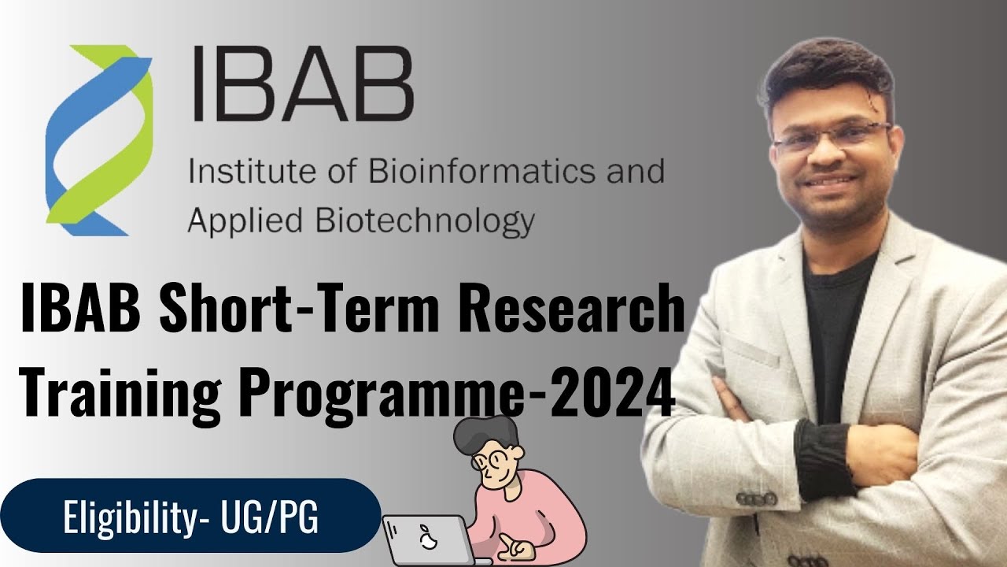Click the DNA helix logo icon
(x=99, y=139)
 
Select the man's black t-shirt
(x=834, y=331)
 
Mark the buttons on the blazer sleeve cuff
(x=756, y=499)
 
